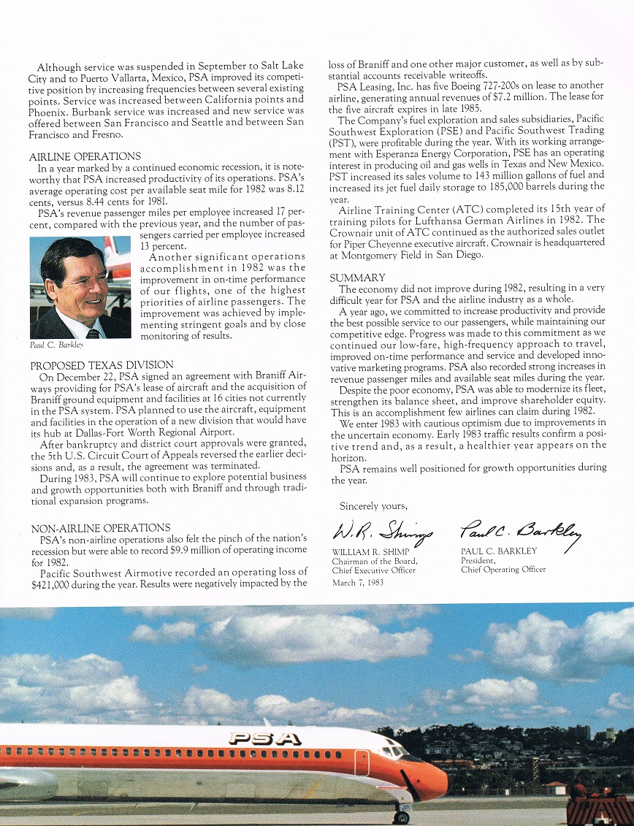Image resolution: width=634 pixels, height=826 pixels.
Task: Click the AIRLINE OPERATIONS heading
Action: click(85, 157)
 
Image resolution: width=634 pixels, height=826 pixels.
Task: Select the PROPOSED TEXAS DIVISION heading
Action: click(102, 365)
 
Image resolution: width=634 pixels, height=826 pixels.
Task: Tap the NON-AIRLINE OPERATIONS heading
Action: click(101, 527)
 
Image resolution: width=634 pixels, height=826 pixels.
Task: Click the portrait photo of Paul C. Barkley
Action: click(80, 287)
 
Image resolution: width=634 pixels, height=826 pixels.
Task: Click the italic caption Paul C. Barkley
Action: click(57, 345)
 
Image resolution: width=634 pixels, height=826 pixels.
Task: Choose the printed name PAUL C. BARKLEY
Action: click(498, 551)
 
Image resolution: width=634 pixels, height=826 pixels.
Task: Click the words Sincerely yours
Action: click(373, 505)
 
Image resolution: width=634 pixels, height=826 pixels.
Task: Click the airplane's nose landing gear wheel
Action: click(401, 817)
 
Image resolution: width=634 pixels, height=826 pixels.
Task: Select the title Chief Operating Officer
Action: click(503, 570)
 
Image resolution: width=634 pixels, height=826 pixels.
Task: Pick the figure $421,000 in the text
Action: click(53, 585)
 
